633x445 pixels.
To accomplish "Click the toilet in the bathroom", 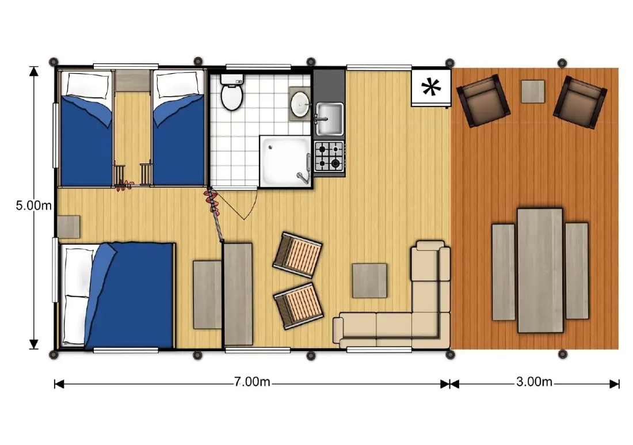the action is click(231, 92).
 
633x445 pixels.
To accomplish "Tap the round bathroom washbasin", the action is click(300, 104).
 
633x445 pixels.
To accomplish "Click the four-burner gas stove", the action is click(329, 156).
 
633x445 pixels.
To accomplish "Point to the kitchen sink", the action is click(329, 119).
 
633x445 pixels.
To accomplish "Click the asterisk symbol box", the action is click(431, 88).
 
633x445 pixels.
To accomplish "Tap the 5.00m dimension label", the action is click(34, 206).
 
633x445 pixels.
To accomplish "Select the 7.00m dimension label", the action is click(252, 382).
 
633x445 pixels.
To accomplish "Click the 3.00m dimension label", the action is click(534, 382).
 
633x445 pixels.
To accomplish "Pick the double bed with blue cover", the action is click(117, 295).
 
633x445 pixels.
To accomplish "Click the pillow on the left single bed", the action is click(88, 85).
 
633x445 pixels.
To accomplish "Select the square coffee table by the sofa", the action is click(369, 281).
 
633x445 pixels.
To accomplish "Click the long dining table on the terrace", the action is click(540, 270).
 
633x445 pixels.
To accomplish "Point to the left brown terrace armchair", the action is click(483, 101).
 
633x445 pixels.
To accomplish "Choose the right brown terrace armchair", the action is click(580, 102).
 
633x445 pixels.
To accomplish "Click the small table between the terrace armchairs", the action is click(533, 92).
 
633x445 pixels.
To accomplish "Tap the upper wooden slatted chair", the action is click(298, 254).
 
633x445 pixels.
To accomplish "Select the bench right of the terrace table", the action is click(577, 271).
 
